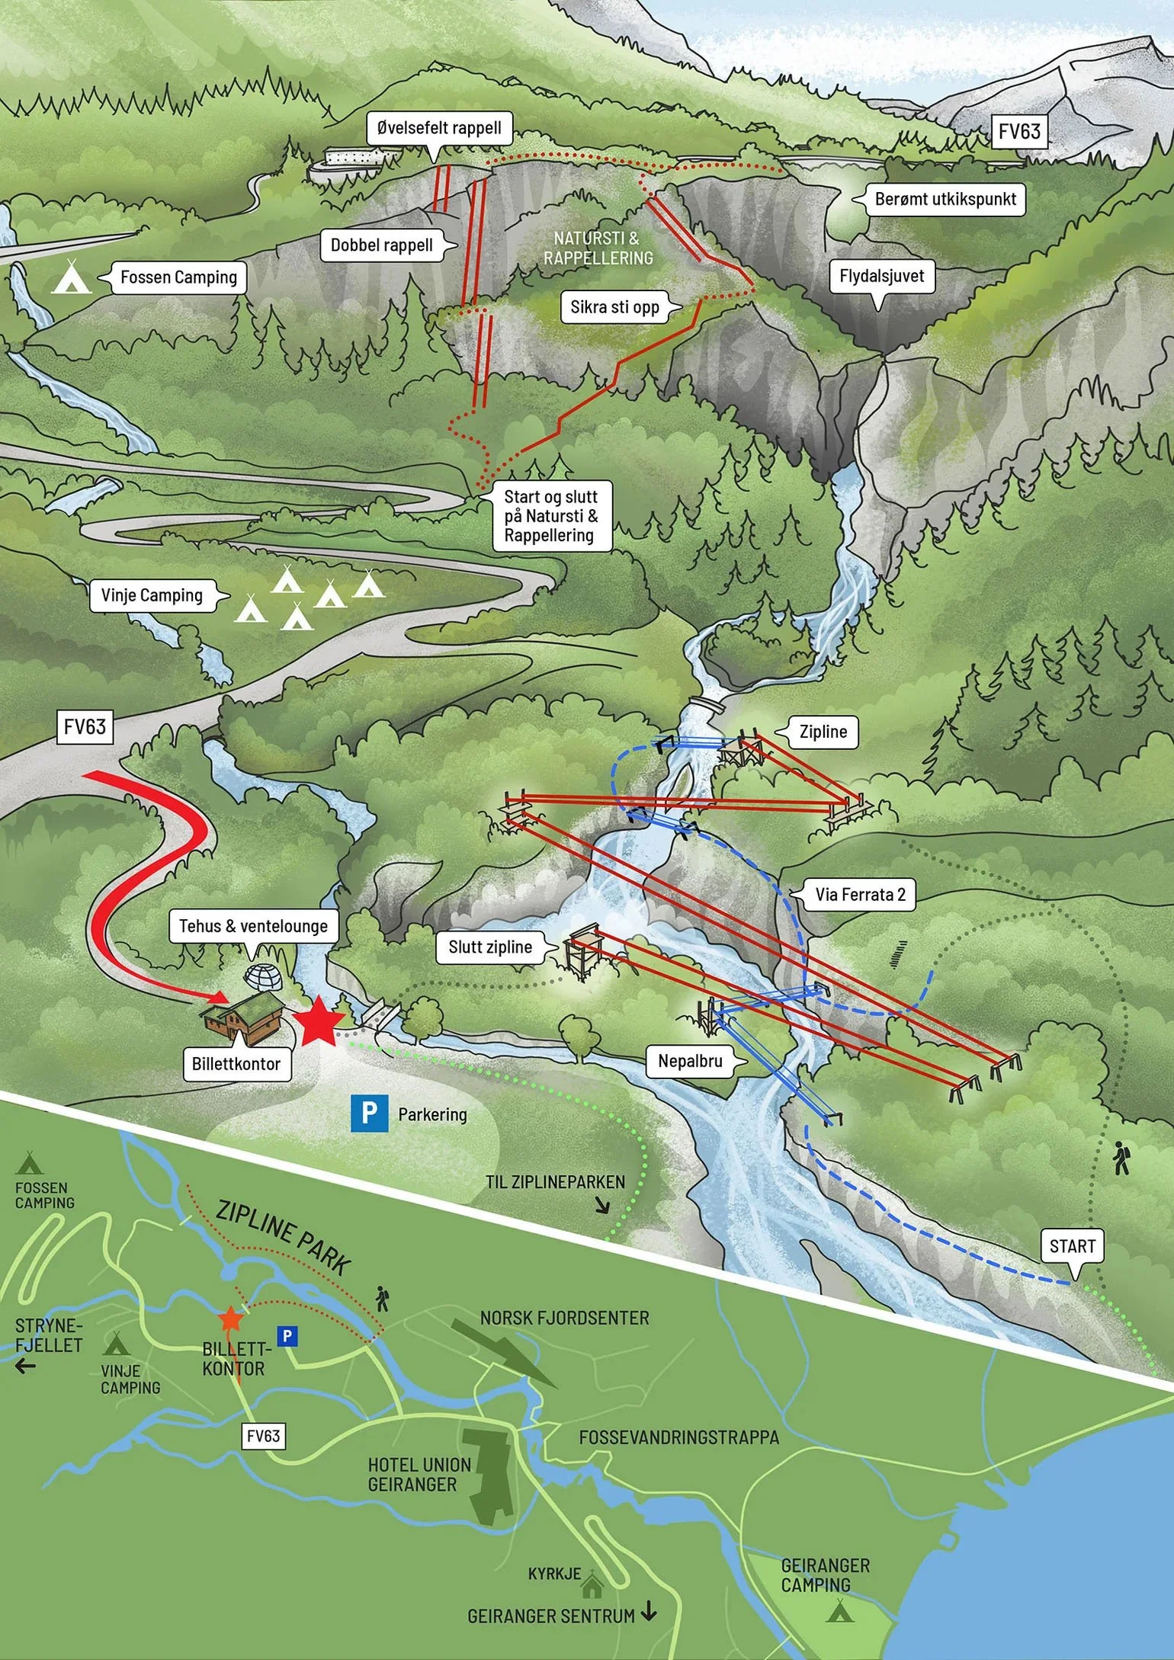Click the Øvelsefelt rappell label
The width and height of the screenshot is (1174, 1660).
(439, 128)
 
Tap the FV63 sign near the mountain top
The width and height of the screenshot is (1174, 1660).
(1018, 132)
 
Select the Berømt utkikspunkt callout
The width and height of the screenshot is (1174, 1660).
(945, 200)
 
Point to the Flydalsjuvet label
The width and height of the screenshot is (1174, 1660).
(881, 276)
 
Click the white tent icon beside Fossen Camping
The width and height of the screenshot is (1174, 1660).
(72, 277)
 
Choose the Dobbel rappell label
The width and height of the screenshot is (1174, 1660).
(381, 245)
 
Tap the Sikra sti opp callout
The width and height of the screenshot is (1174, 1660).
(614, 307)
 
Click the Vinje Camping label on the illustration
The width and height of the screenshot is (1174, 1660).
(152, 595)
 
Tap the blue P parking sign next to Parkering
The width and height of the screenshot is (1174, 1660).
(369, 1114)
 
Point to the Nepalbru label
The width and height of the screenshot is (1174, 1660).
(690, 1061)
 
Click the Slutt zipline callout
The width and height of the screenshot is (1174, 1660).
(490, 947)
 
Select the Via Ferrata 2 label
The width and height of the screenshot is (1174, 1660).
(860, 894)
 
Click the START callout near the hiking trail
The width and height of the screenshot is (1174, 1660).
(1072, 1246)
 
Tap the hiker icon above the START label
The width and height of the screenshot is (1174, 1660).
(1121, 1158)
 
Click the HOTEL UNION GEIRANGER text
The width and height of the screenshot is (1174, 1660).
(419, 1474)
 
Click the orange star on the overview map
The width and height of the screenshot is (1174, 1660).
(230, 1317)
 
